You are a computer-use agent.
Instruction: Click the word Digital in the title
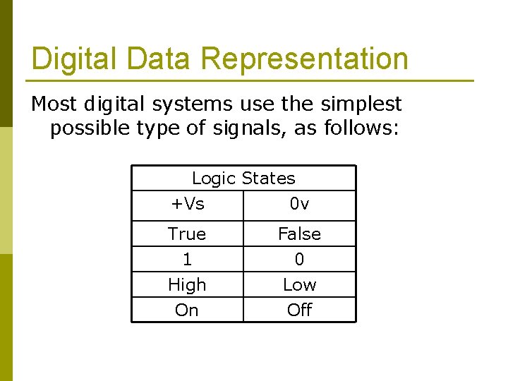click(68, 59)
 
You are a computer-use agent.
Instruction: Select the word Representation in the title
click(304, 59)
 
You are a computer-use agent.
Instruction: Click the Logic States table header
click(243, 179)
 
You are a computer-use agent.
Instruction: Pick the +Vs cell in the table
click(188, 205)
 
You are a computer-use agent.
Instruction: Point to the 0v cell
click(300, 205)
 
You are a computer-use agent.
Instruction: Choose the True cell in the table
click(187, 234)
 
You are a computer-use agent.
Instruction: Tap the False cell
click(300, 234)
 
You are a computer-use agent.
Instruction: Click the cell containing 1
click(187, 260)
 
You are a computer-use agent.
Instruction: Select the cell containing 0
click(300, 260)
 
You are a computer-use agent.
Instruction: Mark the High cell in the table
click(187, 285)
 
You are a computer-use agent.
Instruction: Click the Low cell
click(300, 285)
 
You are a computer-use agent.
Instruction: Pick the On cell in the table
click(187, 310)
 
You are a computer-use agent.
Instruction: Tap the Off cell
click(300, 310)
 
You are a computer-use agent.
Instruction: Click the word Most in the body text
click(54, 104)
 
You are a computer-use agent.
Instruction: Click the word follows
click(361, 130)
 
